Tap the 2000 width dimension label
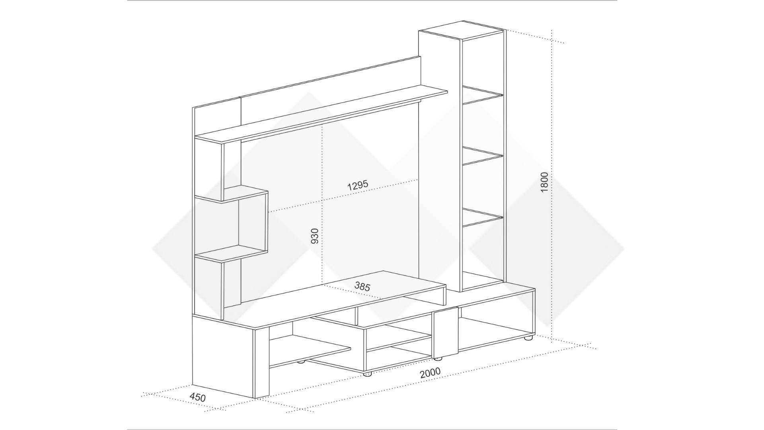[x=430, y=373]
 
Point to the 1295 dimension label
[x=358, y=186]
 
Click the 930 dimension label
[x=314, y=236]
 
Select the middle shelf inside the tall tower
[x=483, y=156]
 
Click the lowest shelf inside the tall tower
[x=483, y=217]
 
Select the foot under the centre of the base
[x=367, y=374]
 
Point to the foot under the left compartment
[x=301, y=362]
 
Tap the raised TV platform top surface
[x=342, y=295]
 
